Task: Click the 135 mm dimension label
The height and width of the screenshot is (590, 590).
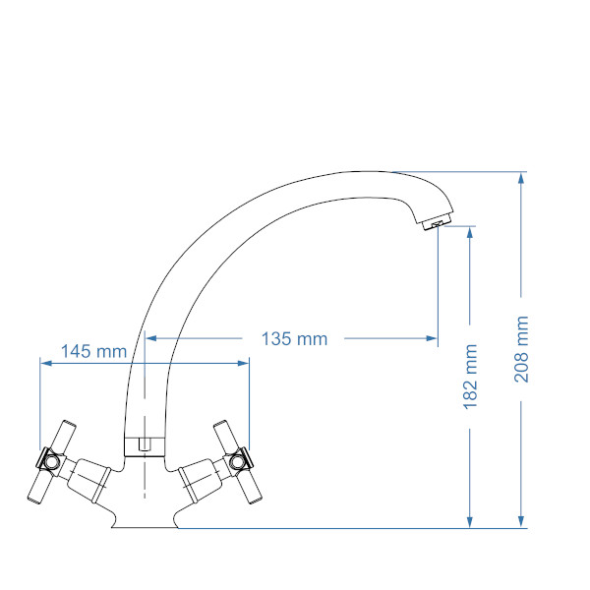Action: point(294,338)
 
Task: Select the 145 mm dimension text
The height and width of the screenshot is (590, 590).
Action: point(93,351)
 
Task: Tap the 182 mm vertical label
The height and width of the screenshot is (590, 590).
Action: point(470,377)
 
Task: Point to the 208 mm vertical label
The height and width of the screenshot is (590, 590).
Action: point(521,349)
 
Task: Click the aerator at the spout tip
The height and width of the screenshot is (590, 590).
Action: point(436,223)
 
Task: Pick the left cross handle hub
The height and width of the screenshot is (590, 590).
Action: point(50,460)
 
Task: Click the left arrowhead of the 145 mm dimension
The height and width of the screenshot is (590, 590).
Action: point(46,363)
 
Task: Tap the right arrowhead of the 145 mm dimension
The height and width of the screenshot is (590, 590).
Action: point(243,363)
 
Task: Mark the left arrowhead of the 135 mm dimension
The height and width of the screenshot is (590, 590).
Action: point(151,338)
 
